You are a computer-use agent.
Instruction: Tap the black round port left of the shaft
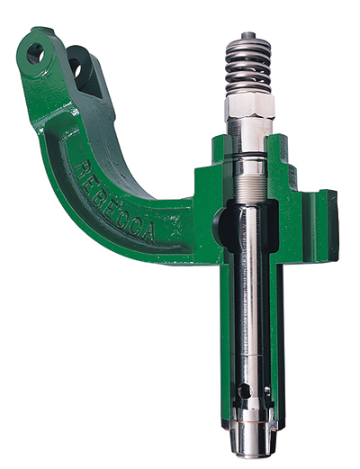coord(219,221)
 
